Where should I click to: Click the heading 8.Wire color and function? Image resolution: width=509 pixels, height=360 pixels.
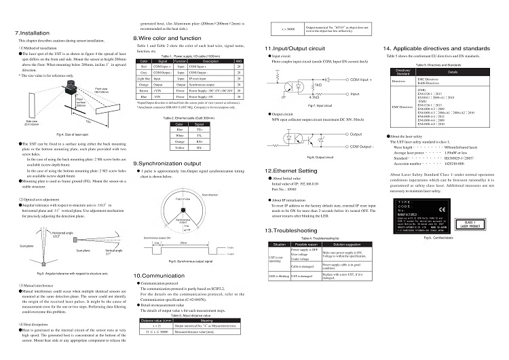click(167, 39)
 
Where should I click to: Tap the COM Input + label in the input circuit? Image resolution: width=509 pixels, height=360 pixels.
click(363, 79)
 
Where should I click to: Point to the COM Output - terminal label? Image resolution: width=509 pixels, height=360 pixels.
click(364, 147)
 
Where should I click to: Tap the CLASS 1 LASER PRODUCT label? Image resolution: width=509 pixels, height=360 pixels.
click(470, 223)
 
